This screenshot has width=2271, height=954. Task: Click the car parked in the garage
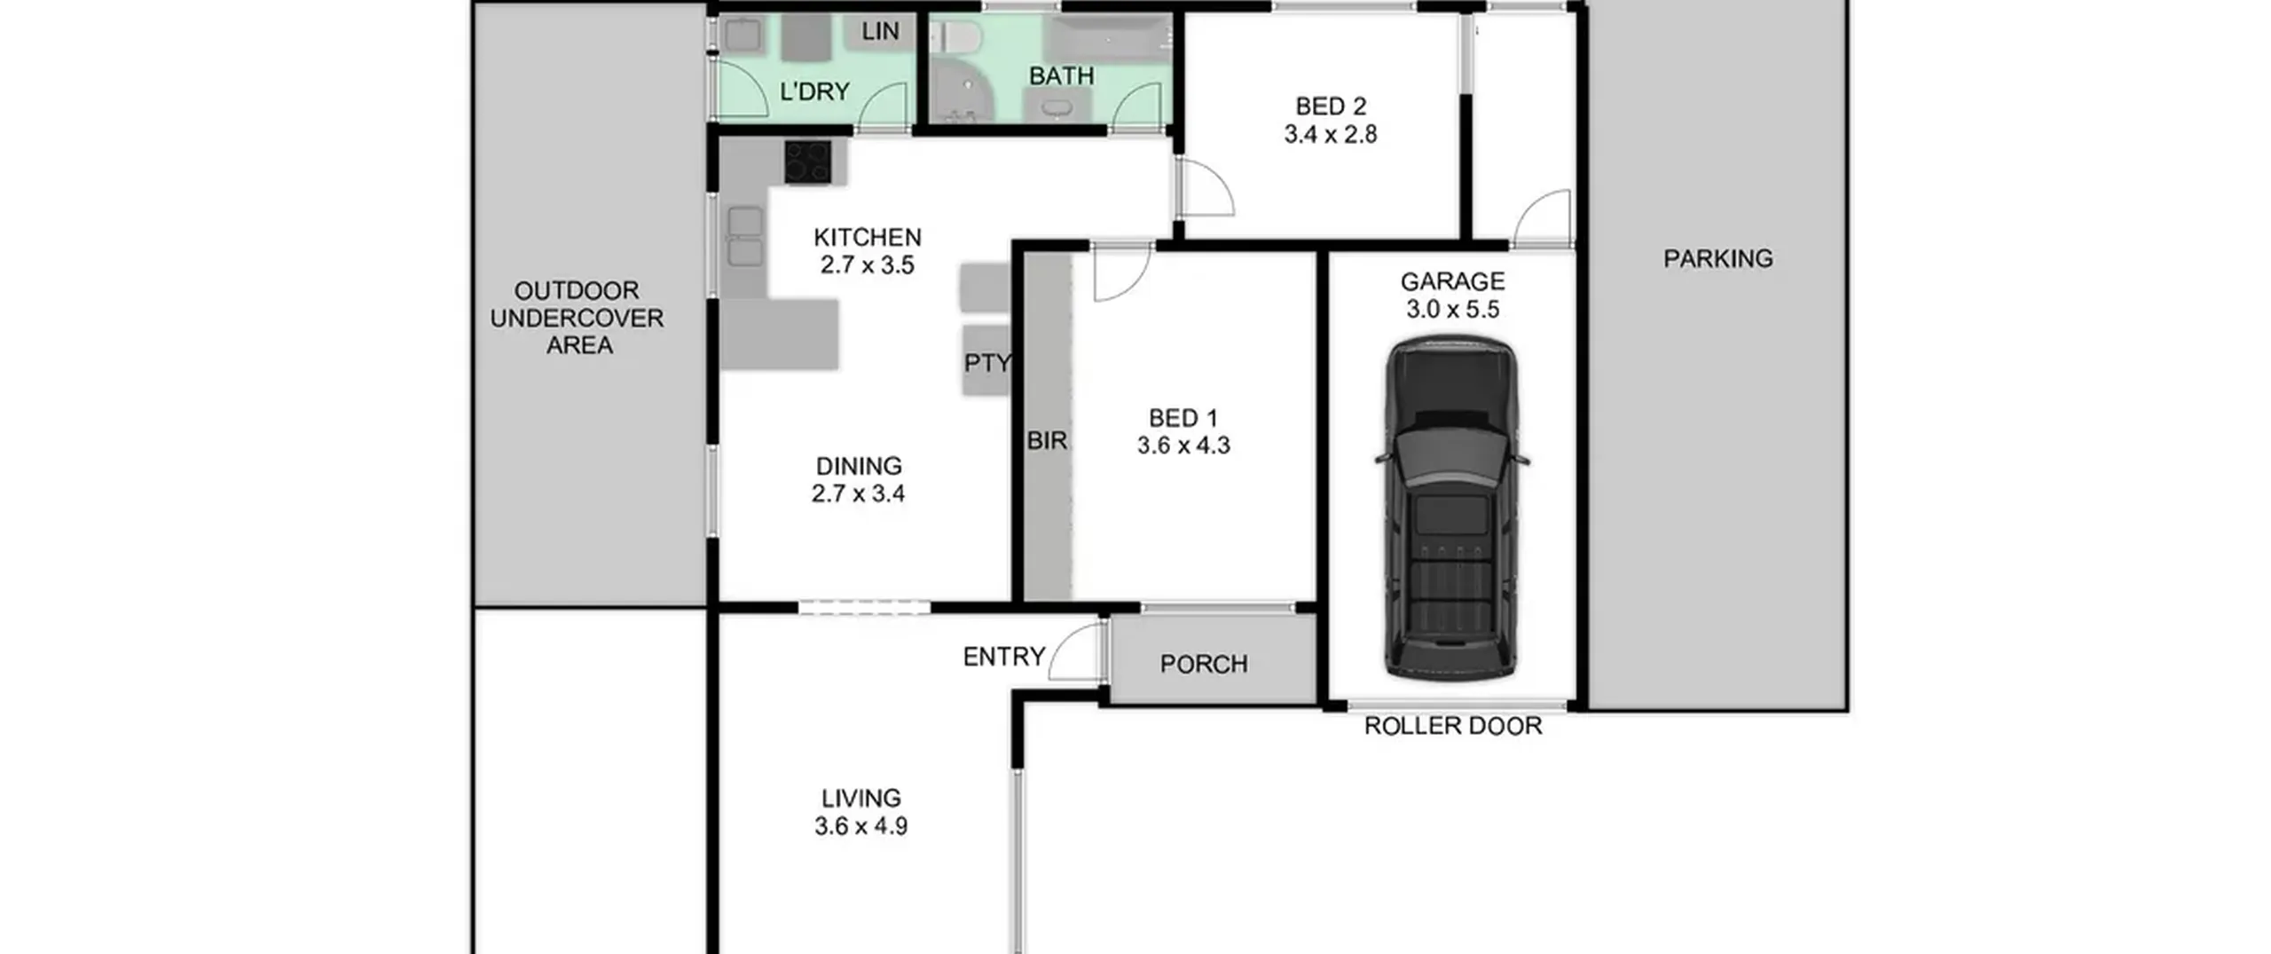click(x=1451, y=509)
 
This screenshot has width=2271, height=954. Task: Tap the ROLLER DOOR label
click(x=1453, y=726)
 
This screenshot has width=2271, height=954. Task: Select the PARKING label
click(x=1718, y=258)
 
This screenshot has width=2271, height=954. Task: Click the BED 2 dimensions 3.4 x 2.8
click(x=1331, y=134)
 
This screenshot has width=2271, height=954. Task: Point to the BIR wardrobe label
click(x=1047, y=440)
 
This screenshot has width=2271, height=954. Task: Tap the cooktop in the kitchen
click(x=807, y=162)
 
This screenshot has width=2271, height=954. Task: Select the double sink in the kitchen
click(x=745, y=236)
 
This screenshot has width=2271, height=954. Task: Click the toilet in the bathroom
click(x=954, y=37)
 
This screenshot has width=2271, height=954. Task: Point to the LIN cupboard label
click(x=880, y=31)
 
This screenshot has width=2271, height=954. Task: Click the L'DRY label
click(x=814, y=91)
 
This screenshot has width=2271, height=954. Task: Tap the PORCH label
click(x=1204, y=664)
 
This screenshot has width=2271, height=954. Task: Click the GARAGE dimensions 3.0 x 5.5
click(x=1453, y=309)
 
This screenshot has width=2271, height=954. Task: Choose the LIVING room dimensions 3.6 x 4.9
click(x=860, y=826)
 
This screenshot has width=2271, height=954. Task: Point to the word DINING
click(x=859, y=466)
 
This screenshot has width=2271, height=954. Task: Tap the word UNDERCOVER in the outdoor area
click(x=577, y=318)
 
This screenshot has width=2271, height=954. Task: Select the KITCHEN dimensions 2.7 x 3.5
click(x=867, y=264)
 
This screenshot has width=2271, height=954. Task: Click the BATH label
click(x=1061, y=76)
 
